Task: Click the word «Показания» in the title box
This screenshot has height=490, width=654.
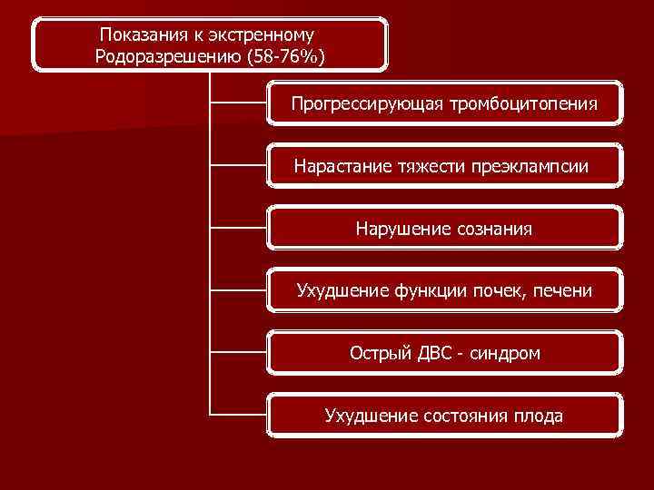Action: [x=137, y=35]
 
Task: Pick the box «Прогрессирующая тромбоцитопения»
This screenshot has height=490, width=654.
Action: [x=444, y=103]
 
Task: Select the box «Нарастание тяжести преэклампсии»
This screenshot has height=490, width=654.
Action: [x=444, y=166]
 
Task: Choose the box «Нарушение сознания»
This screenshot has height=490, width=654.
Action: [x=444, y=229]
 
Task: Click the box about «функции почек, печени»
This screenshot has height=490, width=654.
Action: [x=444, y=290]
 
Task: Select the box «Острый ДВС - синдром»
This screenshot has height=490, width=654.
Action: [x=444, y=352]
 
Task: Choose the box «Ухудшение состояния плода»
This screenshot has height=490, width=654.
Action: [x=444, y=416]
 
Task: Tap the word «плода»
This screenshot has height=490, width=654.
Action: [x=538, y=416]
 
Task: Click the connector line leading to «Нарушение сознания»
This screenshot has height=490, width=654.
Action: [x=238, y=229]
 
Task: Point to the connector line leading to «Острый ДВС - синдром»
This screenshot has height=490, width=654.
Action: [x=238, y=352]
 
